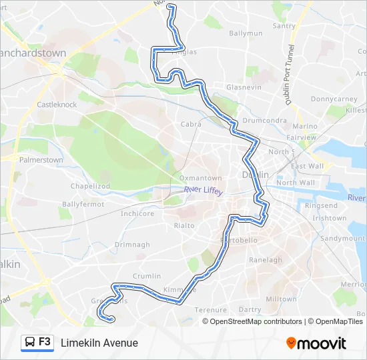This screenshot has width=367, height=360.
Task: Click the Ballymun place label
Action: point(246,33)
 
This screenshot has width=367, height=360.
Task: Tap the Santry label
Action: point(284,26)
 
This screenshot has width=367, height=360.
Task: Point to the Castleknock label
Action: point(57,105)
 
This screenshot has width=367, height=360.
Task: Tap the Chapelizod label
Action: point(91,186)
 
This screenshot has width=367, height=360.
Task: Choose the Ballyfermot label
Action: point(83,204)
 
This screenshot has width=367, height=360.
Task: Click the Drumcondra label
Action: point(264,121)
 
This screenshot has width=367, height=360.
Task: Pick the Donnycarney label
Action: point(334,99)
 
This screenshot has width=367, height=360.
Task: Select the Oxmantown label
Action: point(200,178)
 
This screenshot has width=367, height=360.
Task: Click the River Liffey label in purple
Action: point(204,190)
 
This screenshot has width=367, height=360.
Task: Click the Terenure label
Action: point(211,309)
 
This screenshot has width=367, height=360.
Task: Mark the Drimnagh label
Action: point(132,245)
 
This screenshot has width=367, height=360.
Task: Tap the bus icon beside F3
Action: point(30,343)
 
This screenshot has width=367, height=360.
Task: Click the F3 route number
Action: point(45,342)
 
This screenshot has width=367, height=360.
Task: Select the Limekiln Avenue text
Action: point(99,343)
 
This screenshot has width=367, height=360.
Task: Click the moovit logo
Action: point(316,343)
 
